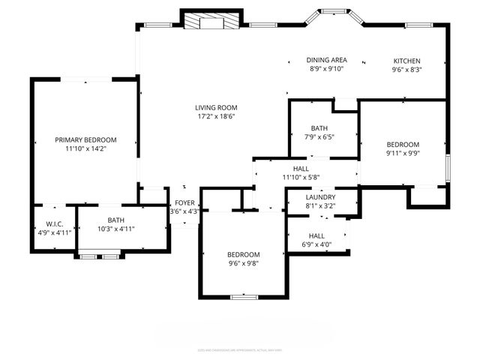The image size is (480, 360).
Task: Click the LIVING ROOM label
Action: (217, 107)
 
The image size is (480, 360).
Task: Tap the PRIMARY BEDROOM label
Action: (85, 139)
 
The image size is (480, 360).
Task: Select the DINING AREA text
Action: (326, 60)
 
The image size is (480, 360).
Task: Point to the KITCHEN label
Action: (407, 61)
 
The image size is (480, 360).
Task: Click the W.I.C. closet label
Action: (53, 223)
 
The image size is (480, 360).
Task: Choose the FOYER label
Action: (184, 203)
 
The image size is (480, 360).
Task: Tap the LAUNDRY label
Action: (320, 196)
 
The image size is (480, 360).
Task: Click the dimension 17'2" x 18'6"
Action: (217, 116)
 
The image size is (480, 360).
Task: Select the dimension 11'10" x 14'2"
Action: (85, 148)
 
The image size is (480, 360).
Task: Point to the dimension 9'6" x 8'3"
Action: (407, 69)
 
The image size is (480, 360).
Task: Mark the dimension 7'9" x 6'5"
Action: (319, 137)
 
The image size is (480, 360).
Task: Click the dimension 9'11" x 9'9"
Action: (403, 153)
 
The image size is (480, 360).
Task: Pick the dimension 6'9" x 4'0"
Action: (316, 244)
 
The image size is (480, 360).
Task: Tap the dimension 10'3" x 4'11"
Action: (115, 229)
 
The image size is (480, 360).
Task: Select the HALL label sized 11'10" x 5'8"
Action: (301, 169)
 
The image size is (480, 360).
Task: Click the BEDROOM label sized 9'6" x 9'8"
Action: (244, 254)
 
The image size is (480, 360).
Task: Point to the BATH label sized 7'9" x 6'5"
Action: (319, 128)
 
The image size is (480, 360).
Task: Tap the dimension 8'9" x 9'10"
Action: (326, 69)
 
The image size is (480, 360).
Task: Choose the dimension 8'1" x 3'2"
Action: (320, 205)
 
